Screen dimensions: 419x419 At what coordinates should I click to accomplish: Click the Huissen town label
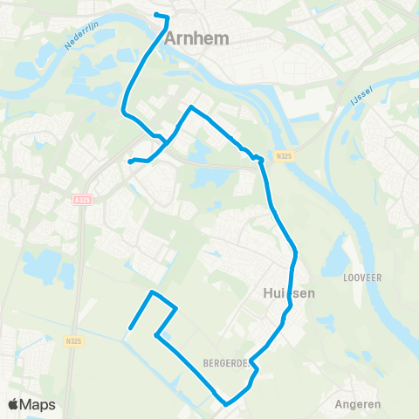coord(288,294)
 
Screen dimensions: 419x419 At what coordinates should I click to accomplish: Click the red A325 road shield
coord(82,200)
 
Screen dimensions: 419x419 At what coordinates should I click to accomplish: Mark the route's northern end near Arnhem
coord(155,15)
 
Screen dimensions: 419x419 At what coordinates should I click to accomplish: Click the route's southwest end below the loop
coord(129,328)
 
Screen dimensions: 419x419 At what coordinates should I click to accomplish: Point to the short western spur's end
coord(129,161)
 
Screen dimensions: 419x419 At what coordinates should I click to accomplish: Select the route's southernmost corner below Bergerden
coord(225,404)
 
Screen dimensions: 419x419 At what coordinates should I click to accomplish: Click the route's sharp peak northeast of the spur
coord(190,107)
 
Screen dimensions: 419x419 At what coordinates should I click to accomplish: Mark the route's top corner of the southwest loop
coord(152,292)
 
